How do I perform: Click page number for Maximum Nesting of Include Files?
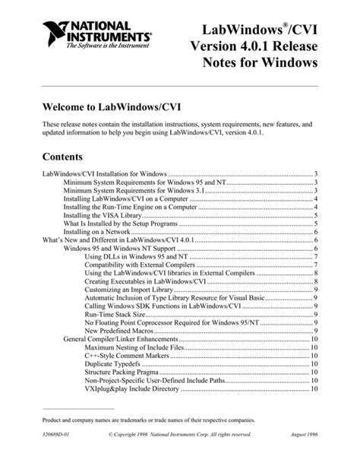[314, 347]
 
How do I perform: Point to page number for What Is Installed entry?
[315, 223]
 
